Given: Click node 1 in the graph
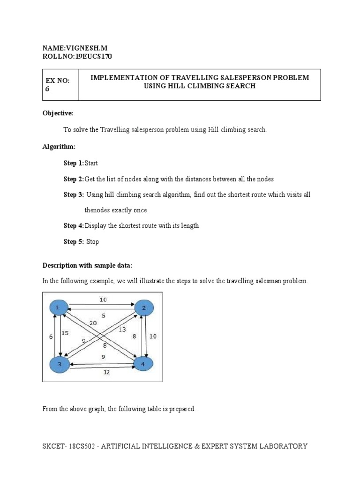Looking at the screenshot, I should [58, 307].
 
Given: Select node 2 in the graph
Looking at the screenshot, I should [144, 308].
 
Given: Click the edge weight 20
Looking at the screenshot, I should [93, 323].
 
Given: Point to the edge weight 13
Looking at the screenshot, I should [122, 330].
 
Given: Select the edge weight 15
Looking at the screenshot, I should [66, 333].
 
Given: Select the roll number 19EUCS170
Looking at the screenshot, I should [94, 57].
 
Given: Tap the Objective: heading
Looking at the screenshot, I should [58, 113].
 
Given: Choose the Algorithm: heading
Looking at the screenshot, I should [59, 147].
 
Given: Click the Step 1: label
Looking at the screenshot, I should [74, 163].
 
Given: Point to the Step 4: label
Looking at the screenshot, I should [74, 226].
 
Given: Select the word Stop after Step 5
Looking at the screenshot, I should [93, 242].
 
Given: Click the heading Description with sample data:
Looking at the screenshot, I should [88, 265].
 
